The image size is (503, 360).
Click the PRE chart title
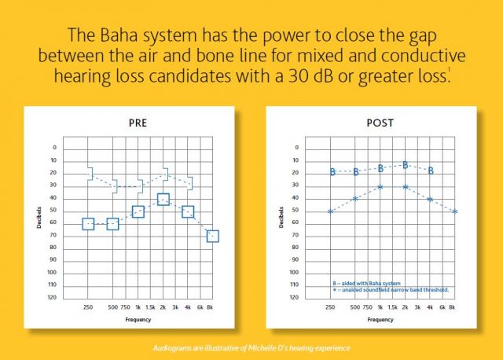click(138, 123)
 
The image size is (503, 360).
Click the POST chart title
click(380, 123)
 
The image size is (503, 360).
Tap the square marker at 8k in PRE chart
click(213, 236)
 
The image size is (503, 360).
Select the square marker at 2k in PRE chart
click(163, 199)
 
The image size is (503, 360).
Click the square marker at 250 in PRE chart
click(88, 224)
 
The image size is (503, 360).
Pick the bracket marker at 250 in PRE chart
click(91, 174)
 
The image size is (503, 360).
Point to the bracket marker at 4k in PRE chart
click(190, 183)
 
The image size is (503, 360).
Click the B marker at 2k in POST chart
click(406, 165)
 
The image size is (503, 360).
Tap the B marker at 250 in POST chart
click(332, 172)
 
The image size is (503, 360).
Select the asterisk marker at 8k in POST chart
click(454, 211)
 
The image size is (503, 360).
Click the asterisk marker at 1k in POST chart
click(380, 187)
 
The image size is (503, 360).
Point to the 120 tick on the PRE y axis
click(52, 297)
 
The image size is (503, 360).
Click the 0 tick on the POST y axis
click(297, 148)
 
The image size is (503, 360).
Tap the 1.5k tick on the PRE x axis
click(150, 307)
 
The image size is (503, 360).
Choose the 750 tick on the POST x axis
click(368, 307)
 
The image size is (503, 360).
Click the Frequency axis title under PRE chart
click(138, 320)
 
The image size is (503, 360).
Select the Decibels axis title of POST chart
click(281, 217)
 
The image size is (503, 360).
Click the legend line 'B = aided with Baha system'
click(366, 284)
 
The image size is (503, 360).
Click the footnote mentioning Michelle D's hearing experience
click(251, 348)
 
